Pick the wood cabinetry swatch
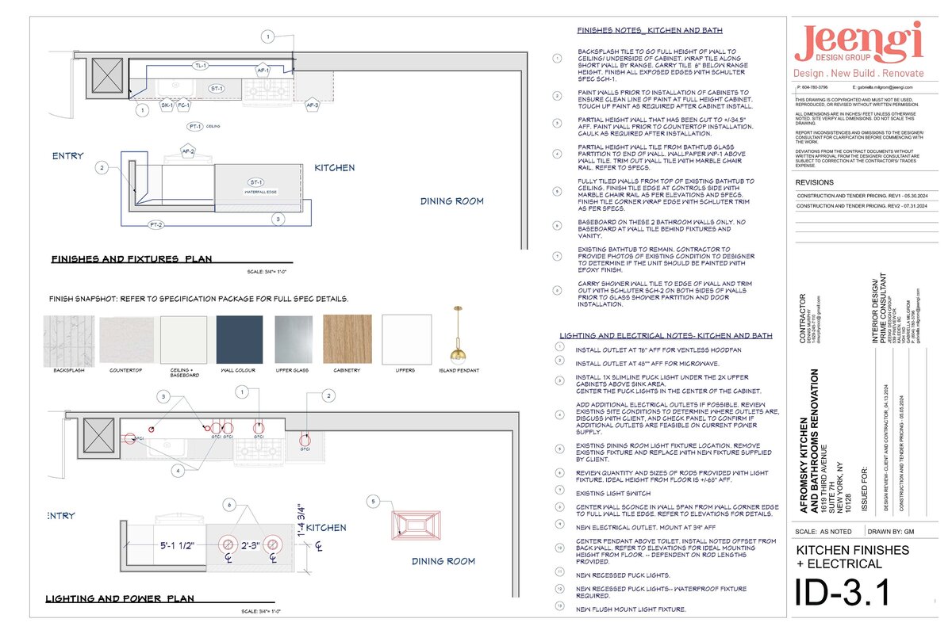(347, 339)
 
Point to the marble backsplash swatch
(69, 339)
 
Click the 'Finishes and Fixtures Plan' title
(130, 259)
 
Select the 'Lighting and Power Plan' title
(120, 599)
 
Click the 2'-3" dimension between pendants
(251, 545)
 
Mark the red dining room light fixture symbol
(415, 525)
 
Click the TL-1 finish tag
(201, 66)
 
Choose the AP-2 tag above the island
(188, 151)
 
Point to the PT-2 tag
(156, 226)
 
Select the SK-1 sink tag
(167, 105)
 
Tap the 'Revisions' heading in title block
(814, 181)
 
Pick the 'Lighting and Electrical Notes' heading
(666, 336)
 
